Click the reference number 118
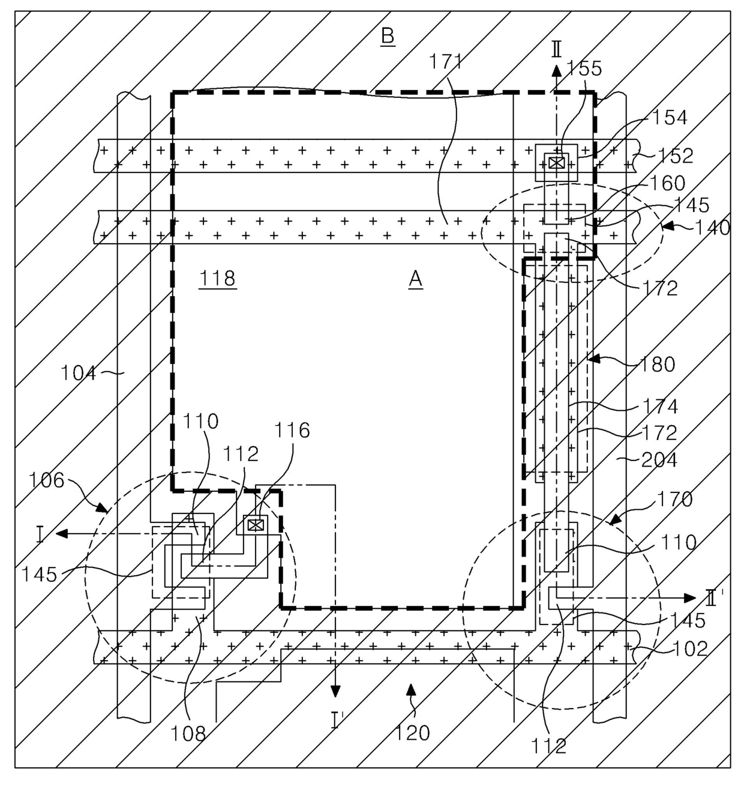point(218,279)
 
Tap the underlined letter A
point(415,279)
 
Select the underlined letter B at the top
point(388,36)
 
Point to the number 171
point(447,61)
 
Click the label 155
point(584,69)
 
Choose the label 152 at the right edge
point(675,156)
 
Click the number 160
point(667,183)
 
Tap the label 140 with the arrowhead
point(712,228)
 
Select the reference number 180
point(658,364)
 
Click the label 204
point(659,460)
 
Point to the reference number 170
point(675,498)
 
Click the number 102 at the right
point(691,648)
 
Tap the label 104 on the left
point(79,373)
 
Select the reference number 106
point(46,480)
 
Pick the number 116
point(292,430)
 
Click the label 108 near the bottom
point(188,733)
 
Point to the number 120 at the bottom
point(413,733)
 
